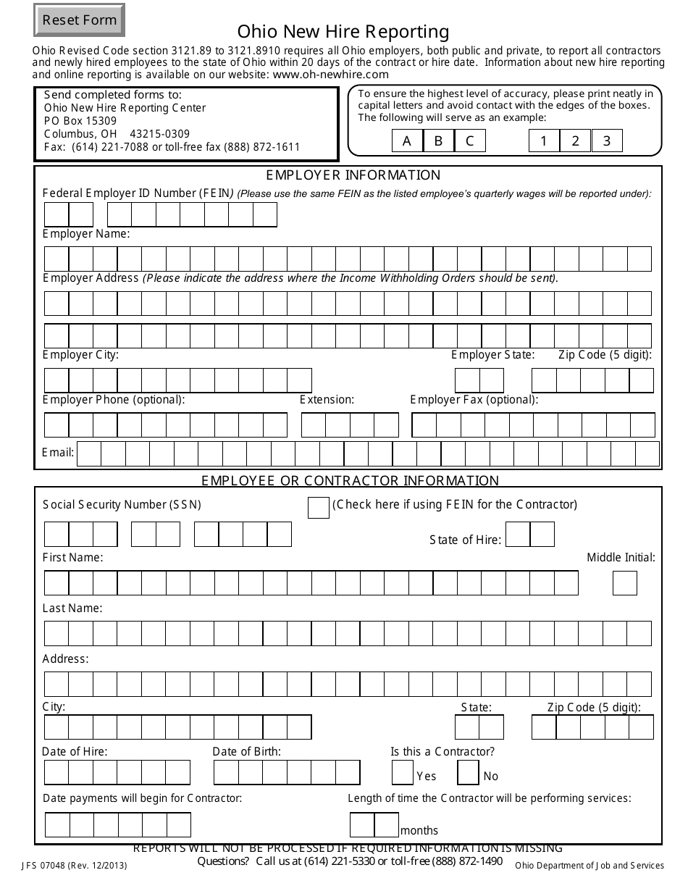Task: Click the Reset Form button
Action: tap(79, 20)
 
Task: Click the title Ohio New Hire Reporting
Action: tap(343, 32)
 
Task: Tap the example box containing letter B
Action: tap(438, 141)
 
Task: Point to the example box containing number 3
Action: tap(607, 141)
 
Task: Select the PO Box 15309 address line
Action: tap(80, 121)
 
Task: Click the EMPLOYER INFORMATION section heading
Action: tap(353, 175)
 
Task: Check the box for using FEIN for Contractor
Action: tap(319, 508)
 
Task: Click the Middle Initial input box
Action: tap(625, 583)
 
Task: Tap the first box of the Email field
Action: tap(89, 453)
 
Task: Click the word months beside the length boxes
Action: tap(419, 831)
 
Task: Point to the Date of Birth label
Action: tap(246, 752)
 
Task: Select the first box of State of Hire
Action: tap(518, 535)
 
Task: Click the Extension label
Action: tap(327, 400)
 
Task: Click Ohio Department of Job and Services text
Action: tap(589, 866)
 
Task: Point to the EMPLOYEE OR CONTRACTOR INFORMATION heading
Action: tap(350, 480)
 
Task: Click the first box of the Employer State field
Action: tap(467, 380)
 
